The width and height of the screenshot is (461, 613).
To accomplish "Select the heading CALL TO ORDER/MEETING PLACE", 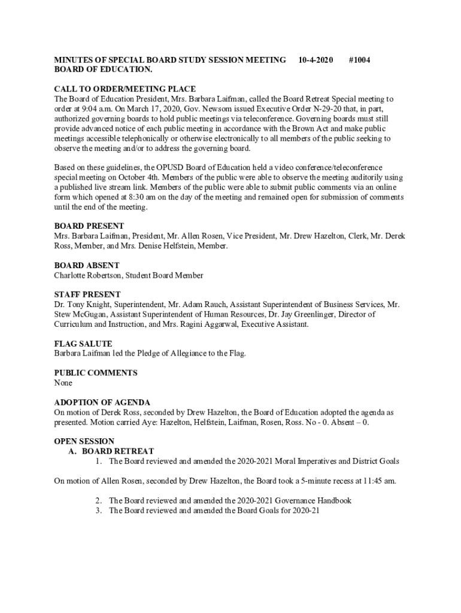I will [x=125, y=89].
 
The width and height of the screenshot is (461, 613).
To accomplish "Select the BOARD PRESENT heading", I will [x=89, y=226].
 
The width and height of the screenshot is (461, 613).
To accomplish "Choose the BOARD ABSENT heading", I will [x=87, y=265].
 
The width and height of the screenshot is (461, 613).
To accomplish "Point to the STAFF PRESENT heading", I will [x=87, y=295].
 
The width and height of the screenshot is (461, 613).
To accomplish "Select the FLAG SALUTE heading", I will [x=83, y=344].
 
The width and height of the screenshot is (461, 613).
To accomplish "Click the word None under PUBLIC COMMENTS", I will [x=63, y=383].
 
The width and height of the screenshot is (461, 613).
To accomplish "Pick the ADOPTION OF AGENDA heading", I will [x=102, y=402].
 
